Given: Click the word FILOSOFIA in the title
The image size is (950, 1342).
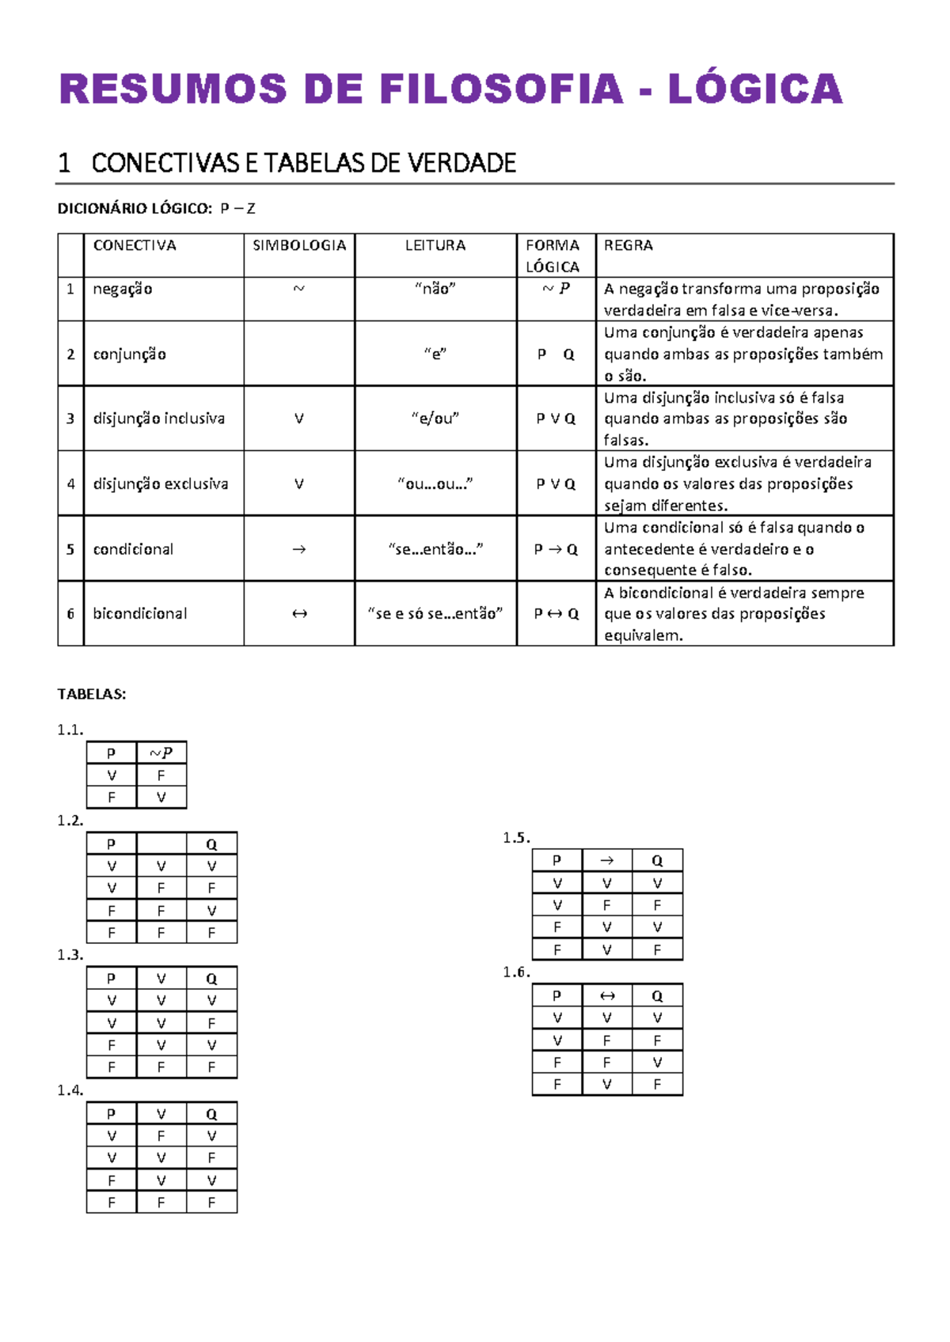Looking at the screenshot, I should click(x=501, y=89).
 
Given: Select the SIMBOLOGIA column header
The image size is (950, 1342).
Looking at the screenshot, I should click(x=299, y=245).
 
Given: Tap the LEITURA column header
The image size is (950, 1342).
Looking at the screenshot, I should click(x=435, y=245).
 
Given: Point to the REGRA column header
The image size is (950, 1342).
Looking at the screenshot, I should click(x=629, y=245).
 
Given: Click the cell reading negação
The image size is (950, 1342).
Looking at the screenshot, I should click(x=123, y=290).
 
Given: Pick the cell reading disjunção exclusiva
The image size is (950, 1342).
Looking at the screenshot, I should click(x=161, y=483).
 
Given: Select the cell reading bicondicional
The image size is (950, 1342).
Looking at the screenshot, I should click(x=140, y=613).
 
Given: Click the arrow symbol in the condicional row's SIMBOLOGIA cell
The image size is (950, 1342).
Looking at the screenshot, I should click(x=299, y=549).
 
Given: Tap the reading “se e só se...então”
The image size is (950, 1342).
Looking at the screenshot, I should click(x=435, y=613).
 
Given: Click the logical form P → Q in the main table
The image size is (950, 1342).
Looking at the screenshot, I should click(x=556, y=549).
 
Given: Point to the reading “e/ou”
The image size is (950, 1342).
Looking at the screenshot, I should click(x=435, y=419).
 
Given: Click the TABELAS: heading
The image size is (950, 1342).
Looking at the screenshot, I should click(x=92, y=694).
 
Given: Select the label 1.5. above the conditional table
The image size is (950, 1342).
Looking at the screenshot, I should click(x=516, y=837).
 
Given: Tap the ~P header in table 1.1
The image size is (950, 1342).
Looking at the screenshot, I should click(x=161, y=753).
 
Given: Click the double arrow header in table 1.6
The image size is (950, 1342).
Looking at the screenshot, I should click(x=607, y=995).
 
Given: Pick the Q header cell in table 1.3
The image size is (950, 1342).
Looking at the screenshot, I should click(x=211, y=979).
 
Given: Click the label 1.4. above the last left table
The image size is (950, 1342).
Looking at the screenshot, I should click(x=70, y=1090).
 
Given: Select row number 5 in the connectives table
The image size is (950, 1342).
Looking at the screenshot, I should click(x=70, y=549).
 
